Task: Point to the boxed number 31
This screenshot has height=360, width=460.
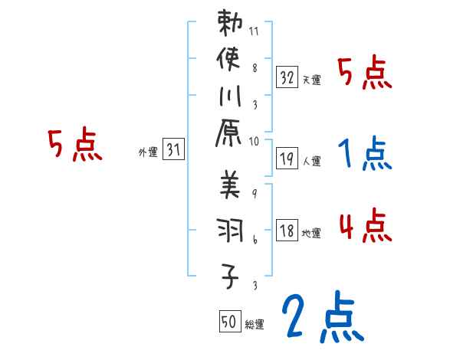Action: click(x=173, y=151)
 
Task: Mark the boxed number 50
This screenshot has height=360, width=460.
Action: click(x=229, y=322)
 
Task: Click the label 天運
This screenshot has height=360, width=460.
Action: click(x=311, y=80)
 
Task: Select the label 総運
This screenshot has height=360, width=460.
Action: click(x=255, y=325)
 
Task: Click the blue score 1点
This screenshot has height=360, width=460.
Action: click(x=364, y=154)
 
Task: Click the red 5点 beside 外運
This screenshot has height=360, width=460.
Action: click(x=74, y=145)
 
